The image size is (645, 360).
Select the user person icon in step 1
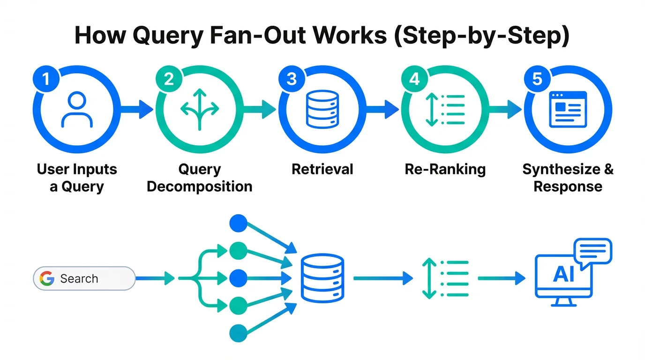(77, 109)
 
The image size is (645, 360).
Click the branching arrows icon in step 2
(200, 110)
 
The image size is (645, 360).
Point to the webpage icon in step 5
(568, 109)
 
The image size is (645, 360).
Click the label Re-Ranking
(445, 169)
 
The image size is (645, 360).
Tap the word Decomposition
(200, 187)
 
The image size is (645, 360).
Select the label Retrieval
(322, 169)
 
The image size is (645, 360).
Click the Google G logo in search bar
(47, 278)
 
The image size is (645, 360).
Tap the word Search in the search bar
(79, 278)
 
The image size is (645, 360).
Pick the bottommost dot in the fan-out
(238, 333)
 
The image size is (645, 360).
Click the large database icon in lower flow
(322, 277)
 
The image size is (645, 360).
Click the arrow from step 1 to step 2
(137, 110)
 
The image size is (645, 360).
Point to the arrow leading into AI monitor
(502, 278)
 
